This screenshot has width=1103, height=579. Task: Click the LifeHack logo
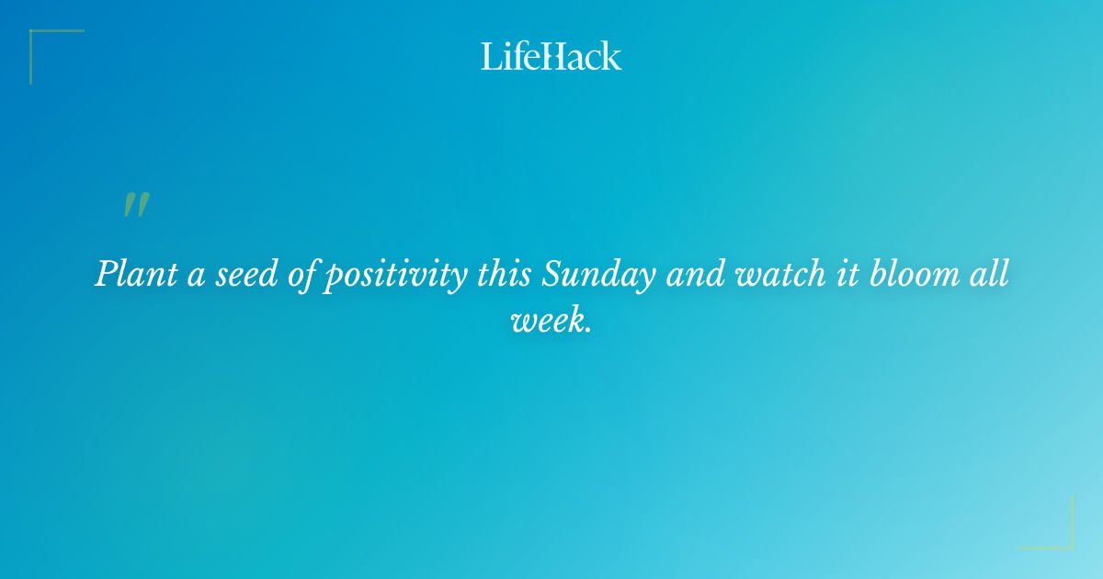551,56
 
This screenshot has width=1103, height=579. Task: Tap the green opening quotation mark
136,206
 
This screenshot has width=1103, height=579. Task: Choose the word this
504,275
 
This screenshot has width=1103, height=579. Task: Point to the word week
545,320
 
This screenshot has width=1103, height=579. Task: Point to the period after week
586,329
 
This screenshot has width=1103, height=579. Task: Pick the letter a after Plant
195,278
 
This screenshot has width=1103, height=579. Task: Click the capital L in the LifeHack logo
489,56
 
